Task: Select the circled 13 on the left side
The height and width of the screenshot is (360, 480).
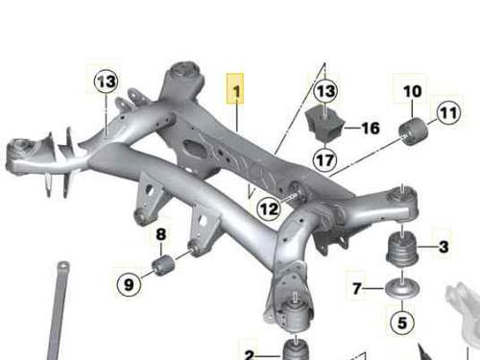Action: click(107, 82)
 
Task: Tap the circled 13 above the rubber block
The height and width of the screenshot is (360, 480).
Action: click(325, 90)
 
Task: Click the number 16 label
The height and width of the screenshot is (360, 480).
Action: click(371, 128)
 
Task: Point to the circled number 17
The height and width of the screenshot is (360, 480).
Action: click(325, 159)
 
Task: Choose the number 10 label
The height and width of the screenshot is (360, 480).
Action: click(413, 91)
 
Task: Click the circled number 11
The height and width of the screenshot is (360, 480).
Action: click(449, 112)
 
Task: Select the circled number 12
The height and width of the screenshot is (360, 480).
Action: click(269, 209)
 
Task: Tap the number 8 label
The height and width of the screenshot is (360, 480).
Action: click(161, 234)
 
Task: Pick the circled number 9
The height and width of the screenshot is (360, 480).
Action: click(129, 284)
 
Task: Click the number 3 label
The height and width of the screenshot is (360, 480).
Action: click(444, 247)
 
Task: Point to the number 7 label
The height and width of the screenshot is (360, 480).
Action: click(357, 289)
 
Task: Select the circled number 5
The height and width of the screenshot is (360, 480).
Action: click(402, 322)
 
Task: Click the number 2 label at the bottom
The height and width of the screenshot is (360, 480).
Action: click(250, 355)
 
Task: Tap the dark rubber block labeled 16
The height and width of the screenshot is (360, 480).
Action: click(325, 124)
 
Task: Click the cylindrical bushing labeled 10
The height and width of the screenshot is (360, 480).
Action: click(413, 132)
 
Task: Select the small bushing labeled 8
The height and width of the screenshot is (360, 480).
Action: click(163, 265)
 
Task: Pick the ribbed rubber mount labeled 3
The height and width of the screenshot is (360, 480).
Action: click(402, 248)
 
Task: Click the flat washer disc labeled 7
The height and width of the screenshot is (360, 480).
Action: click(402, 286)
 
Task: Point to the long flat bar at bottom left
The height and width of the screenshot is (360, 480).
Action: click(59, 310)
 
